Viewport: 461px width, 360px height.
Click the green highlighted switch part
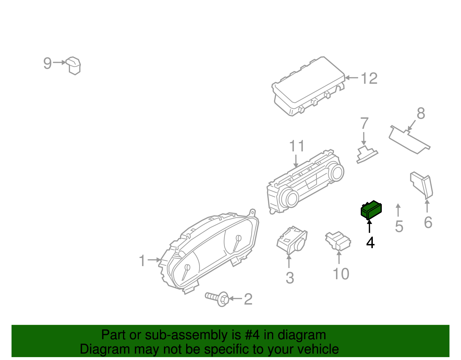click(x=371, y=210)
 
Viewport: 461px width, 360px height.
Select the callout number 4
click(x=370, y=243)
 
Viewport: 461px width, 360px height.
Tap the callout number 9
click(x=47, y=63)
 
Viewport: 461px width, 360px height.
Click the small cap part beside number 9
click(x=73, y=65)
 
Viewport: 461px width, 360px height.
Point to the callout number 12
click(x=369, y=78)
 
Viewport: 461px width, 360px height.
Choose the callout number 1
click(x=142, y=261)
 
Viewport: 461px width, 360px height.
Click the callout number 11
click(x=296, y=146)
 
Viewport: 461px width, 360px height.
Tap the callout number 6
click(x=428, y=223)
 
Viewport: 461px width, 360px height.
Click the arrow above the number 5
click(x=398, y=210)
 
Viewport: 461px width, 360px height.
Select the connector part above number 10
click(x=338, y=240)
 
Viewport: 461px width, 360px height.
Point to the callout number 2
click(x=248, y=299)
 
